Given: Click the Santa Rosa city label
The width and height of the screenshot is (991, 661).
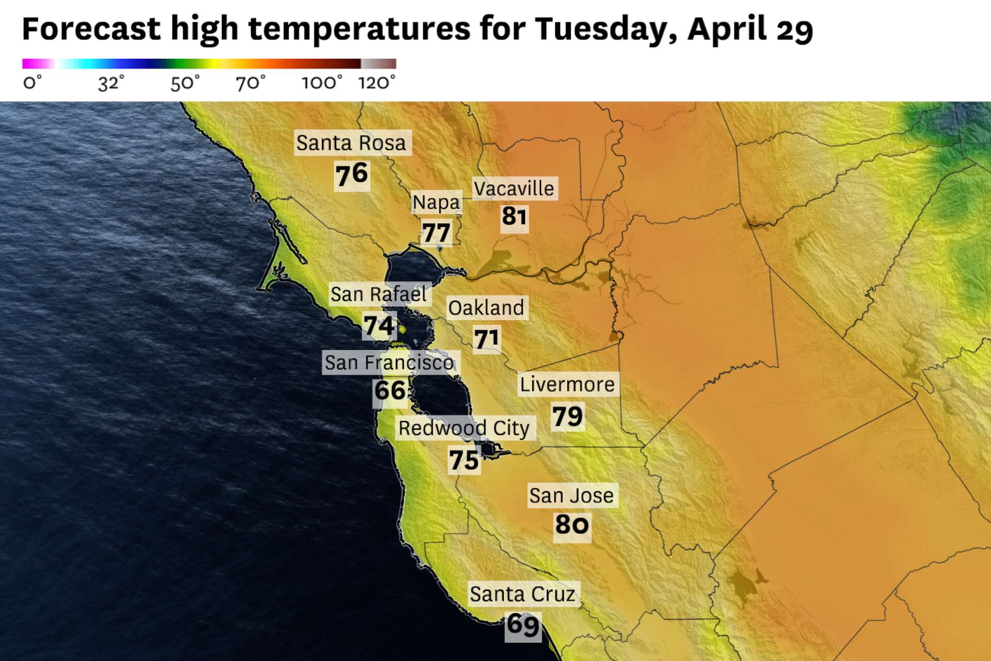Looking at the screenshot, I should pos(351,143).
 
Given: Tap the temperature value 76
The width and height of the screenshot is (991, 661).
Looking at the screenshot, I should pos(351,175).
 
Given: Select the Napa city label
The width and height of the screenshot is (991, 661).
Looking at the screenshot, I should pos(436,202).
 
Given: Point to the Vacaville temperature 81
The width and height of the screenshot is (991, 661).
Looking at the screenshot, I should pos(514,216).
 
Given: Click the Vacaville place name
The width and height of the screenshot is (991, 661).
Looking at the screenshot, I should pos(514,189).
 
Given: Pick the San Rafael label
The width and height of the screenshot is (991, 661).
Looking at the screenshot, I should pos(378,294).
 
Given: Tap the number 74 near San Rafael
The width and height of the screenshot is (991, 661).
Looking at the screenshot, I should pos(379,326).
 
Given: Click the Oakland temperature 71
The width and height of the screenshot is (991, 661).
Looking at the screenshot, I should pos(487,339).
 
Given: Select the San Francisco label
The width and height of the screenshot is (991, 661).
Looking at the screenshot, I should pos(389,363).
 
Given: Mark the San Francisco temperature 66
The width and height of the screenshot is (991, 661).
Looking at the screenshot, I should pos(390,390).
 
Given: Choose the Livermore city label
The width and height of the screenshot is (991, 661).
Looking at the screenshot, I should pos(567,385).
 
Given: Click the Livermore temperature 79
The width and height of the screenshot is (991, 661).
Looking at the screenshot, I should pos(567,416).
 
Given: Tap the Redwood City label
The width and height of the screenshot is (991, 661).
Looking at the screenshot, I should pos(464,428).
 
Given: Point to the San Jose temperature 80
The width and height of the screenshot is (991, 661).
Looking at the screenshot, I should pos(571,525).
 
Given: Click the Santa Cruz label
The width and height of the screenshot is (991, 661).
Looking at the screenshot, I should pos(522,594).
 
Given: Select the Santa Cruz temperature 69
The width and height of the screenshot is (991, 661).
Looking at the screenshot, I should pos(522,625).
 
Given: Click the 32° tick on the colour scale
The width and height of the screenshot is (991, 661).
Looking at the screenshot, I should pos(111,83).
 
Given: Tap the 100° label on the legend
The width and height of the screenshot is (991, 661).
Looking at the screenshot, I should pos(322,83).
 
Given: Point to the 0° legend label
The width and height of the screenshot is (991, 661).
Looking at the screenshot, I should pos(32,83).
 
